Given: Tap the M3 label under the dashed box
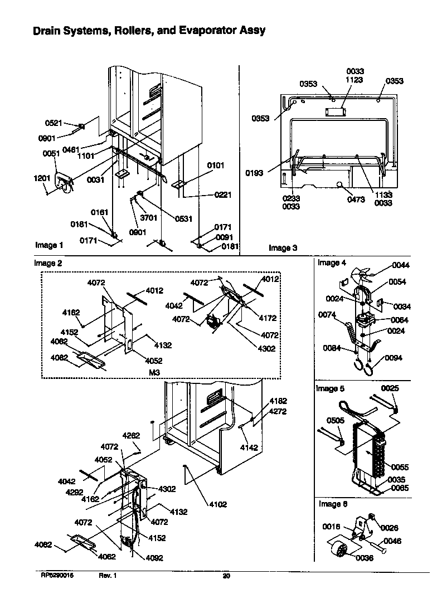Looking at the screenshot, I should [155, 372].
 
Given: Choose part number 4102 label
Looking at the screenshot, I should [219, 505].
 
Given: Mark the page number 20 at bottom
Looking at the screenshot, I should [226, 576].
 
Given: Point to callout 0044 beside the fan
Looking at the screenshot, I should [400, 265].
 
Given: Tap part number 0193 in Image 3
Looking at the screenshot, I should [254, 173].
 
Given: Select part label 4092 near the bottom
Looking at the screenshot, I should [139, 558].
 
